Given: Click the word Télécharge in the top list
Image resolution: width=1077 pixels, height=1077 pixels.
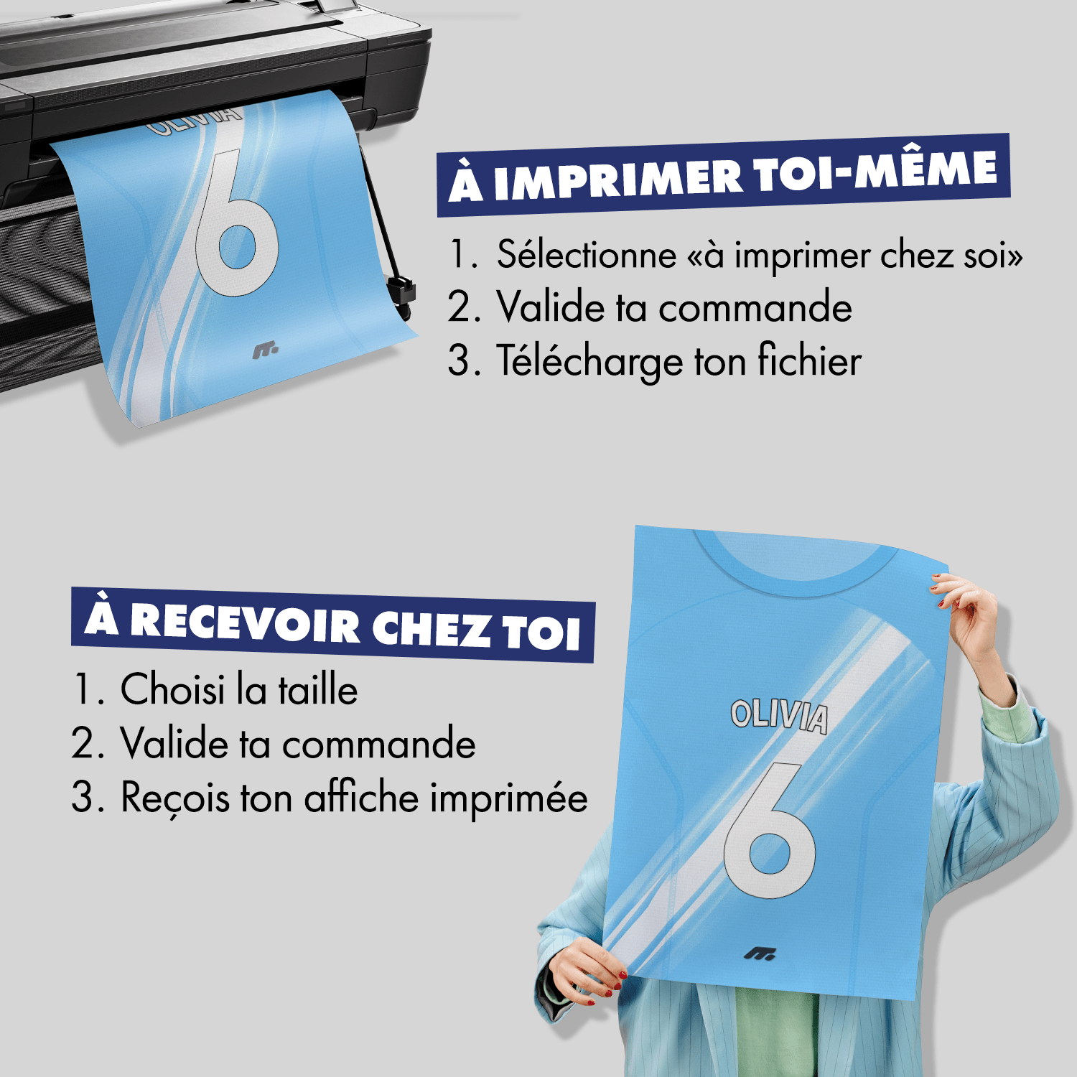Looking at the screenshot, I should [589, 361].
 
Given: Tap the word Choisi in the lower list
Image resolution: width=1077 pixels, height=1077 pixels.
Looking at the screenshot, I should [172, 689].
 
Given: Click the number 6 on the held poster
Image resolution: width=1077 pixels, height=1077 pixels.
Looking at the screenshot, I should [769, 833].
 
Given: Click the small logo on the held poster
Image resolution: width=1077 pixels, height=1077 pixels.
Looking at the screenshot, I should [759, 954].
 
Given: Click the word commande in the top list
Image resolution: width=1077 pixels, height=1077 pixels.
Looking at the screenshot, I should [755, 308].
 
